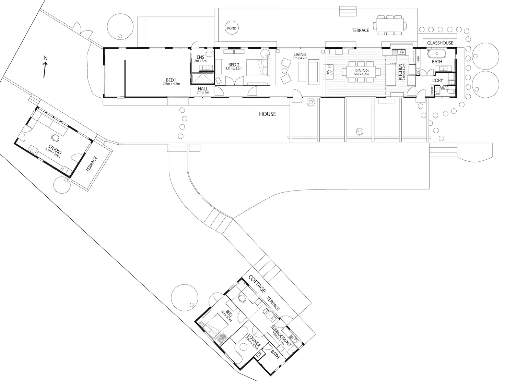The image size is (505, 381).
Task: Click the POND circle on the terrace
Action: pyautogui.click(x=232, y=28)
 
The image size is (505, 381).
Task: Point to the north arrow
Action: pyautogui.click(x=45, y=68)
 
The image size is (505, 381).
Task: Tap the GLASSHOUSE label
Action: pyautogui.click(x=440, y=43)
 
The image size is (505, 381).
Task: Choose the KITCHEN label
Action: pyautogui.click(x=400, y=72)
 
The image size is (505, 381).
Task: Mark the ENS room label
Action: pyautogui.click(x=201, y=57)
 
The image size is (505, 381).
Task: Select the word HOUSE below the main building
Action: pyautogui.click(x=267, y=114)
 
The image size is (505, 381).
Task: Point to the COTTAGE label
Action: pyautogui.click(x=257, y=284)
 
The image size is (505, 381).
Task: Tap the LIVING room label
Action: pyautogui.click(x=300, y=54)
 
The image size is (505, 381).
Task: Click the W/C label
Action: pyautogui.click(x=444, y=88)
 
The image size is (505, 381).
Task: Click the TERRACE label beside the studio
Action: pyautogui.click(x=92, y=164)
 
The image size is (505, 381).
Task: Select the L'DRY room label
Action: pyautogui.click(x=437, y=80)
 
